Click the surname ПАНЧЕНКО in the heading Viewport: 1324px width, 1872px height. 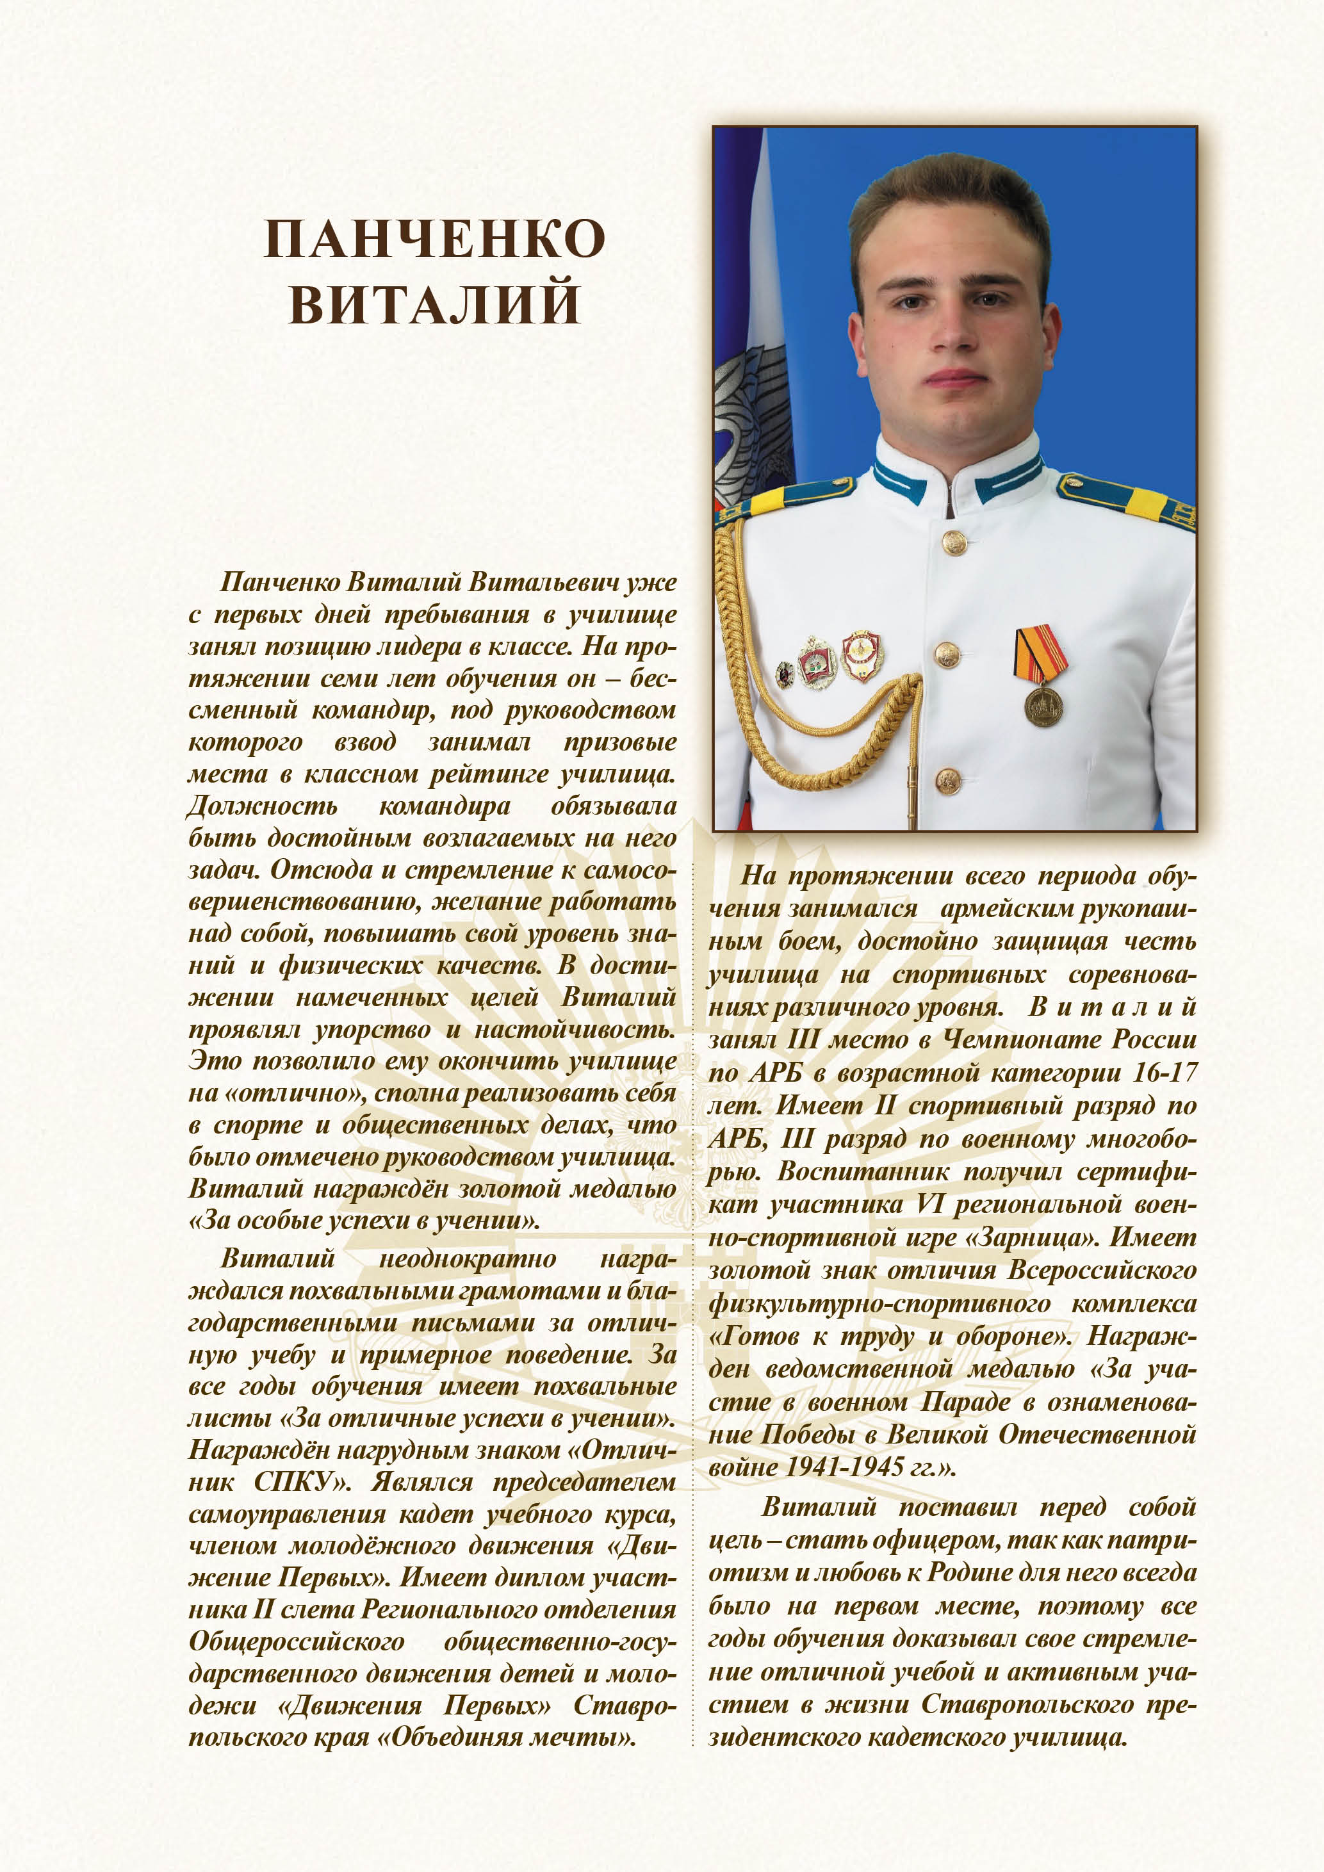pos(434,239)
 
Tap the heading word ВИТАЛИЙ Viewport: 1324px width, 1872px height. pos(434,304)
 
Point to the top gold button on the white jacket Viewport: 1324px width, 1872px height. pos(953,541)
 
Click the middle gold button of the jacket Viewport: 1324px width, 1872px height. pos(947,653)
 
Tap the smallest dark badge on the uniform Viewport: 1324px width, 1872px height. pos(784,674)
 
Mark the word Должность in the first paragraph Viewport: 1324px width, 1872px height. pos(263,806)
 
